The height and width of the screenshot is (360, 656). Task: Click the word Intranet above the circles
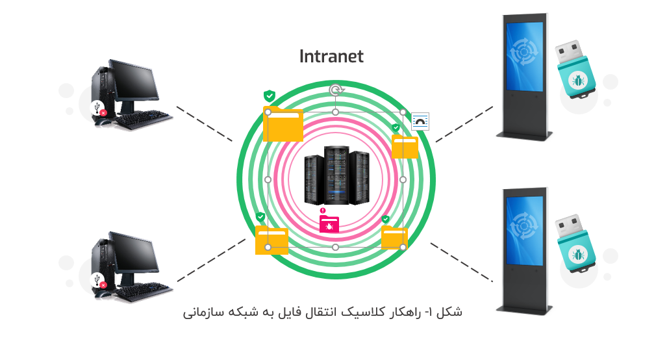click(331, 57)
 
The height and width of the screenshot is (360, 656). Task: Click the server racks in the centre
click(335, 176)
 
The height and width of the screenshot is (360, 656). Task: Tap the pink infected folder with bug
click(329, 224)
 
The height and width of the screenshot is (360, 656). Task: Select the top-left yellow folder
click(283, 124)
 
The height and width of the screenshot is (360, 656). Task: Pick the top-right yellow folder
click(405, 147)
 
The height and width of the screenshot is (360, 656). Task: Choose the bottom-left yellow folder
click(271, 240)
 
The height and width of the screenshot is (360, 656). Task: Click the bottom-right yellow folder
click(394, 238)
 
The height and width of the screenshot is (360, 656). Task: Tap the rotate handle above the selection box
click(335, 90)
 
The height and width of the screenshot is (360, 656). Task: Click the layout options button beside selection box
click(421, 122)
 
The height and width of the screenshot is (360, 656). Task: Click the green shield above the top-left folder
click(269, 96)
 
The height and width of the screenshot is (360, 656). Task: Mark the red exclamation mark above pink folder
click(322, 210)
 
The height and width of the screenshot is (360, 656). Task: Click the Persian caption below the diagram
click(323, 312)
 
